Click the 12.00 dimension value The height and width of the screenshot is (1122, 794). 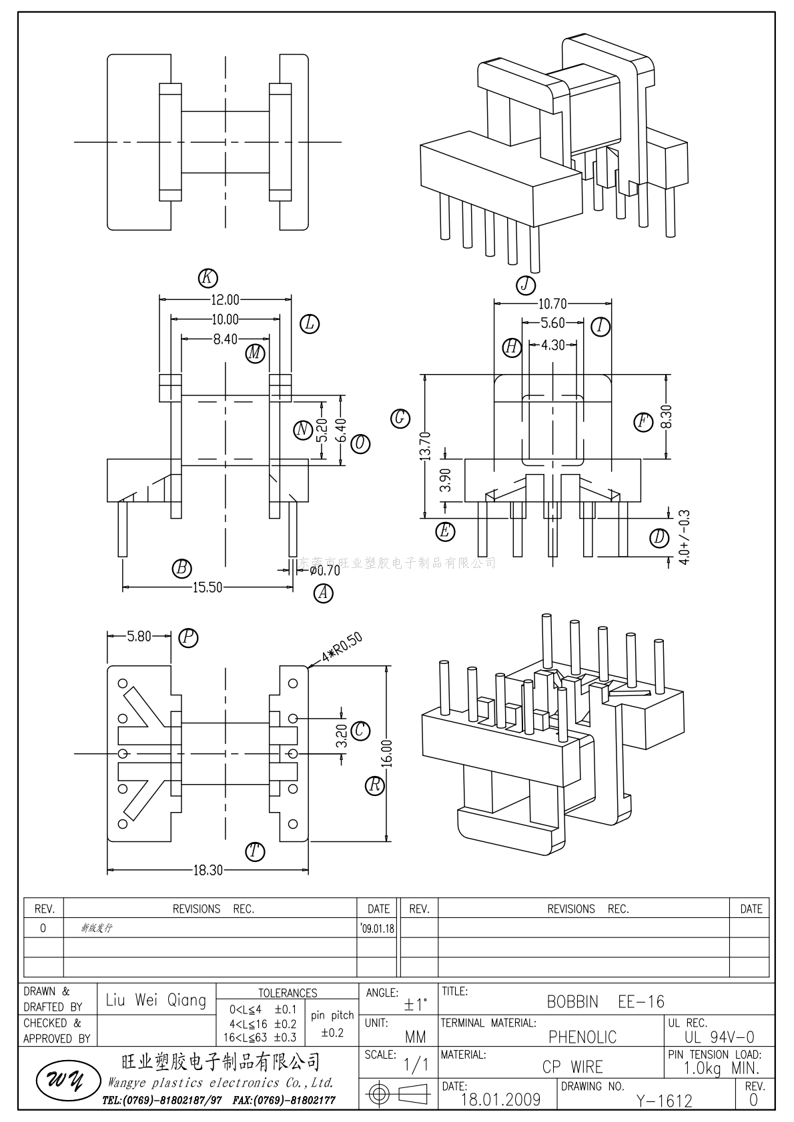[x=226, y=300]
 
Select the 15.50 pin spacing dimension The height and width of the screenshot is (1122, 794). [x=208, y=587]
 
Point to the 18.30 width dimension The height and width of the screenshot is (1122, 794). [x=208, y=870]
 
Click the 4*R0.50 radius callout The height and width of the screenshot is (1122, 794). [x=341, y=647]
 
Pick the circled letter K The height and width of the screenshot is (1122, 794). [x=208, y=278]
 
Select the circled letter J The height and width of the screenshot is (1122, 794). [x=526, y=285]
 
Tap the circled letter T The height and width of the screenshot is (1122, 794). [x=254, y=851]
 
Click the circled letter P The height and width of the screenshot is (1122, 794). [x=189, y=638]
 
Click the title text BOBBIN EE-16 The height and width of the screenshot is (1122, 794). [x=605, y=1002]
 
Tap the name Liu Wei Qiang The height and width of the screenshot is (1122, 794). [x=156, y=1000]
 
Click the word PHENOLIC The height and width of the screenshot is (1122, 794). [x=582, y=1037]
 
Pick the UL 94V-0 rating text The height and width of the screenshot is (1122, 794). [x=719, y=1037]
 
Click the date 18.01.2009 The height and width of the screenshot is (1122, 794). [x=500, y=1100]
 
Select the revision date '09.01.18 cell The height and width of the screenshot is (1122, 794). [x=377, y=928]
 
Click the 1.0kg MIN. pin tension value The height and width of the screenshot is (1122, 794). [x=722, y=1069]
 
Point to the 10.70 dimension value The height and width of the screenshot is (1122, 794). [x=552, y=304]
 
